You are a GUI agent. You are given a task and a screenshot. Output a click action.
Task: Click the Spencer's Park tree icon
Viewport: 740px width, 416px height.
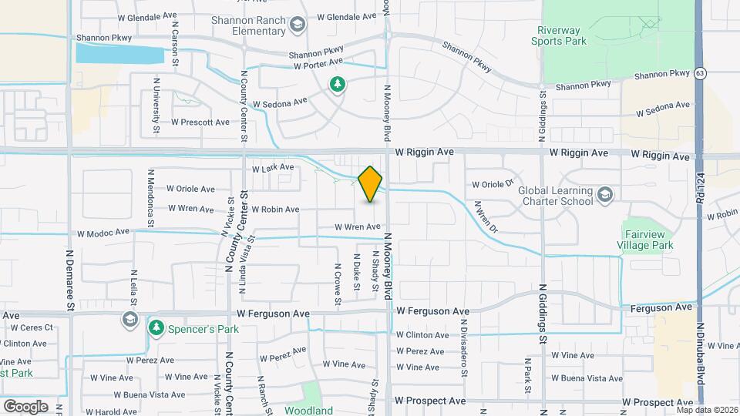(156, 328)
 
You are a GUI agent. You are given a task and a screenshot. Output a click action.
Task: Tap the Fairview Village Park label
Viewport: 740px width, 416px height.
(647, 240)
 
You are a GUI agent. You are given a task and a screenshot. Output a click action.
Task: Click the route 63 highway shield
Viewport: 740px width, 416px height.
(699, 73)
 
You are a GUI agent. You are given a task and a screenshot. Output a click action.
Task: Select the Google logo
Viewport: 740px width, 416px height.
(25, 406)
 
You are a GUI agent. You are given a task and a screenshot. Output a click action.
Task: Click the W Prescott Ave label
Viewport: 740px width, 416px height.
(200, 122)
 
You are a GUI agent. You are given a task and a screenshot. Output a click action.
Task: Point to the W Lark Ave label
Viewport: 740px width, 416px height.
(273, 167)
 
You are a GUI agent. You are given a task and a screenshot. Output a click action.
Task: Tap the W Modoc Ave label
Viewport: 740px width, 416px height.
(103, 232)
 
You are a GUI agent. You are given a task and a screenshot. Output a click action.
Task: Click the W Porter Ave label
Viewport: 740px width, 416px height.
(317, 65)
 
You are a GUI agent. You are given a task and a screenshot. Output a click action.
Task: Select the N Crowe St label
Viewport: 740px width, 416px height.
(338, 283)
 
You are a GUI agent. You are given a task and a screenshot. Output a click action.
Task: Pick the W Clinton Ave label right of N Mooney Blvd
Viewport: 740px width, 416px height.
(422, 335)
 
